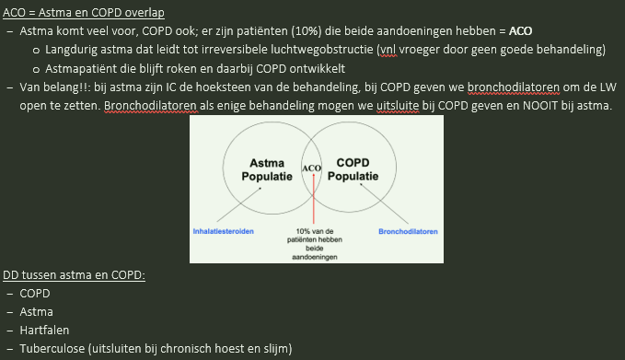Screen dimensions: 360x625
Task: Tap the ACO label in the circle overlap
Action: [311, 168]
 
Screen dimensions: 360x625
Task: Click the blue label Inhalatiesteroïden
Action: [226, 230]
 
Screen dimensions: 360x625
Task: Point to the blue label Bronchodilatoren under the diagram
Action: [407, 230]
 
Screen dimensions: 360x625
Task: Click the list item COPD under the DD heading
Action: [35, 294]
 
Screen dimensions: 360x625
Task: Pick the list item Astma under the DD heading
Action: [37, 312]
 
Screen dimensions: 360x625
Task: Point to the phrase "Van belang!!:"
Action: [57, 87]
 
